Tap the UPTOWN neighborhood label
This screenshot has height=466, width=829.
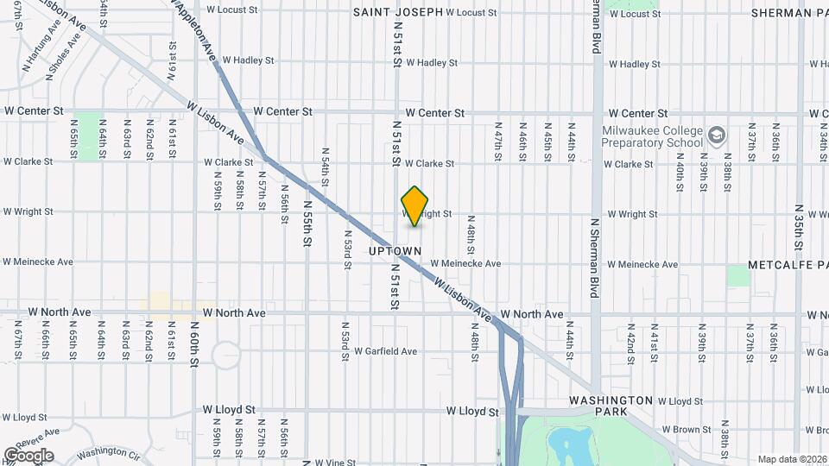(395, 251)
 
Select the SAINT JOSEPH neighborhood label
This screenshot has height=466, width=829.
(398, 12)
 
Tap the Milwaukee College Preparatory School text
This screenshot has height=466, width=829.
(652, 136)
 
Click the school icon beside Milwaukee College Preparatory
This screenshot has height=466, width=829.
(716, 135)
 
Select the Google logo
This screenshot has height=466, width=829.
(28, 455)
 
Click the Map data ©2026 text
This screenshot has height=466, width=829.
(792, 459)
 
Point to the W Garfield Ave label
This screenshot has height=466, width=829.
(386, 351)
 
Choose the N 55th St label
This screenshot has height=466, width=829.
(307, 224)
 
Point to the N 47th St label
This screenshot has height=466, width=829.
(498, 145)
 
